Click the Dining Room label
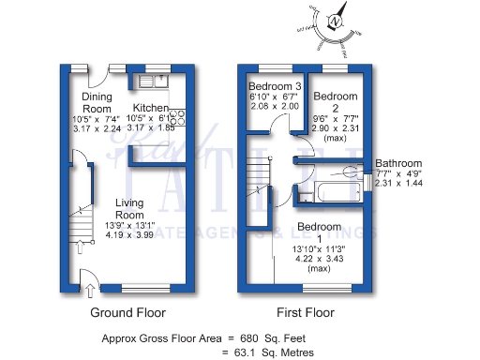click(97, 101)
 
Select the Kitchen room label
click(149, 108)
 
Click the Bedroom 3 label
click(275, 87)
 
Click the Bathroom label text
click(398, 163)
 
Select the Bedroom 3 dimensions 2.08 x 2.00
click(275, 106)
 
